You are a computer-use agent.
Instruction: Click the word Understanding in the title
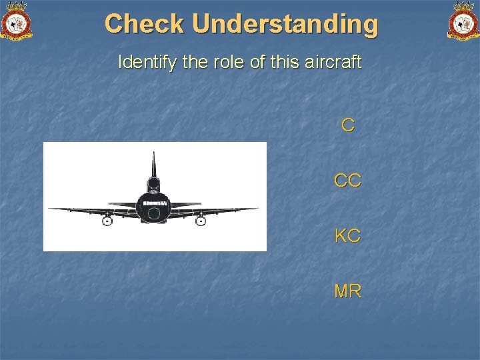[x=285, y=24]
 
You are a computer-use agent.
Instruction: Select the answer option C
[x=347, y=125]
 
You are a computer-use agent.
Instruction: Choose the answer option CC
[x=347, y=180]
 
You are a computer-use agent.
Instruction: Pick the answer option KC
[x=347, y=235]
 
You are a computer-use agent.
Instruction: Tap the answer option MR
[x=347, y=291]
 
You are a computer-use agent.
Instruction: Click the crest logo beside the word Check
[x=17, y=21]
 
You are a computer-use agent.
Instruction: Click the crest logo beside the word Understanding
[x=463, y=21]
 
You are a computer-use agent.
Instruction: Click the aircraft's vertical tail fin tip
[x=154, y=155]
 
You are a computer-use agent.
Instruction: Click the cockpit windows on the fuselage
[x=154, y=201]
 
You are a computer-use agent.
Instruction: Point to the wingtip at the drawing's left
[x=51, y=209]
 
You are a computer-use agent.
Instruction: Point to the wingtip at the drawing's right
[x=257, y=209]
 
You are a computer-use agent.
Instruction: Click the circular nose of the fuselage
[x=154, y=213]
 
